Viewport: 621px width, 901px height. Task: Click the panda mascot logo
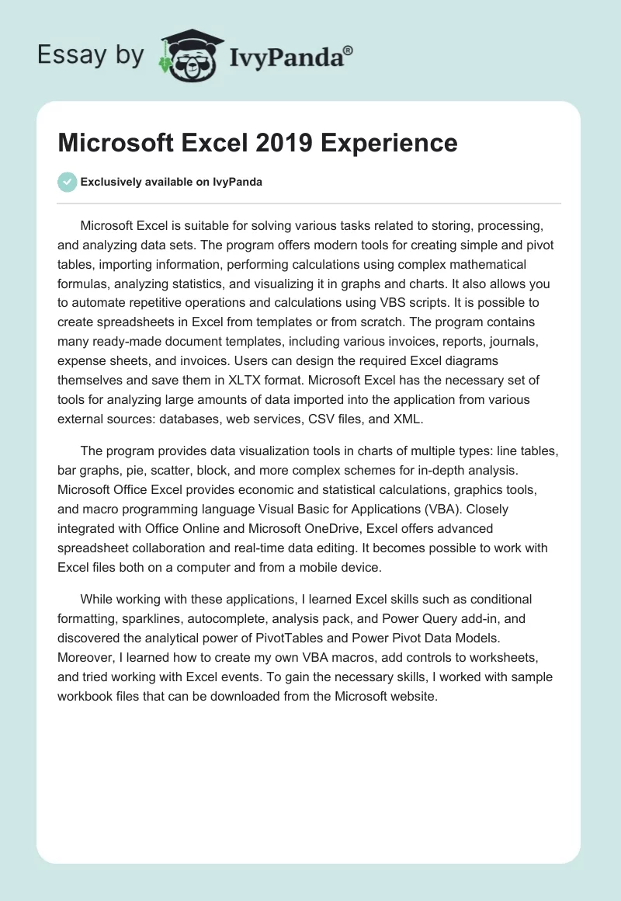click(186, 54)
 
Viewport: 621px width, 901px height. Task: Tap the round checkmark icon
click(67, 182)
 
